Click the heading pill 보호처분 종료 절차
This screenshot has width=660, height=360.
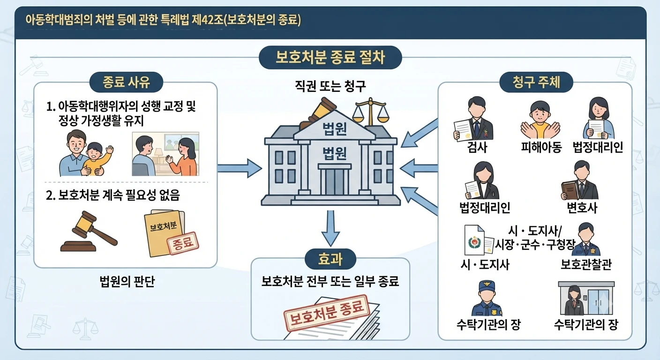coord(330,58)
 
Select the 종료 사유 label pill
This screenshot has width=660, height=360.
coord(126,82)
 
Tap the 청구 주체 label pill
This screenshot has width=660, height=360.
coord(536,82)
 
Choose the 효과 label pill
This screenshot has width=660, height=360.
coord(330,259)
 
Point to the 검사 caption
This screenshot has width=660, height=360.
coord(477,147)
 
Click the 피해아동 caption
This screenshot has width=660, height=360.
coord(541,147)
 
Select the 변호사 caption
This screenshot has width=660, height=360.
coord(582,208)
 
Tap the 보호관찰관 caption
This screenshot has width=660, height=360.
coord(586,264)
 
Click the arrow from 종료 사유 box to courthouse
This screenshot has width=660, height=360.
coord(240,168)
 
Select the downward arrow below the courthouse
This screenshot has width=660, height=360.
coord(330,228)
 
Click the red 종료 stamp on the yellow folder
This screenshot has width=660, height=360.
coord(183,243)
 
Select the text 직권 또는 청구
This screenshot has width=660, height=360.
coord(330,86)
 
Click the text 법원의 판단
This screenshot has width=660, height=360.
coord(127,282)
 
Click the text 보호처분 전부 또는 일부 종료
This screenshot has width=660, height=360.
coord(330,282)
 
